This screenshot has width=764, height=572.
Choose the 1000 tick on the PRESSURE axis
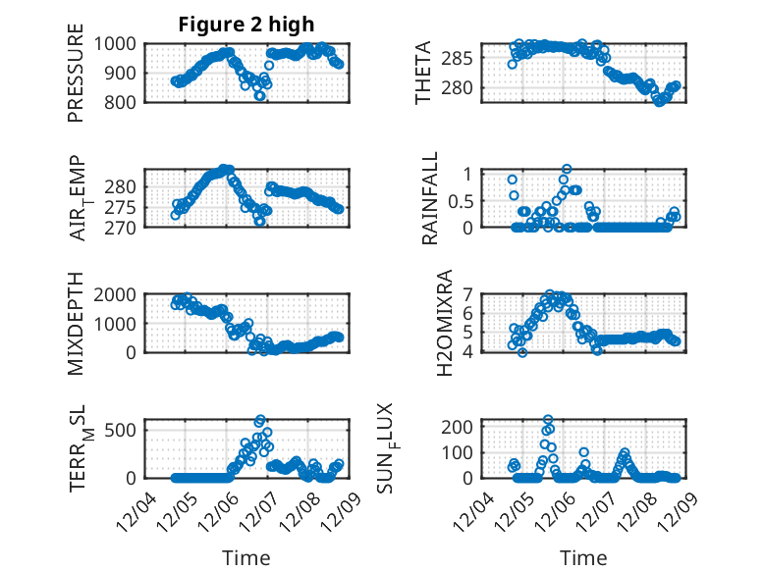click(122, 44)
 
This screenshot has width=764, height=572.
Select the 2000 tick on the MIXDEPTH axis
click(122, 294)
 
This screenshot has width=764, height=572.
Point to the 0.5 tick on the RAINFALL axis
click(463, 200)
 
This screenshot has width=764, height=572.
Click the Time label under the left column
click(246, 557)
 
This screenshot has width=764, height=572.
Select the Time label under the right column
click(583, 557)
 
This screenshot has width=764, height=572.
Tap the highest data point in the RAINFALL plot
click(567, 169)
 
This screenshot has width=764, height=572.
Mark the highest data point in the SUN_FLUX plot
click(548, 420)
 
